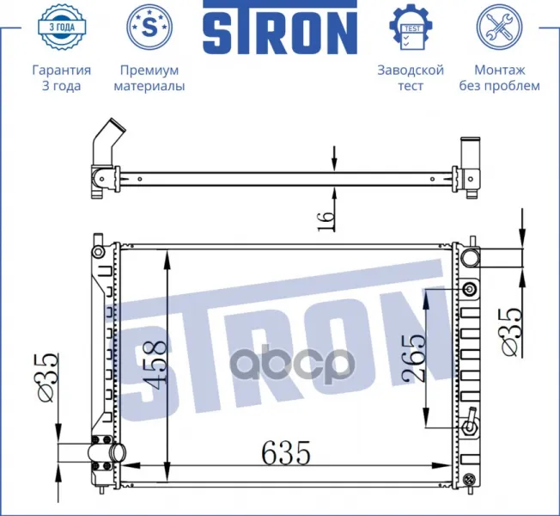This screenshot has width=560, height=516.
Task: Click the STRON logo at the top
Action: [280, 28]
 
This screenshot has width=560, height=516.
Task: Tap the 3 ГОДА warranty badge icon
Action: [62, 27]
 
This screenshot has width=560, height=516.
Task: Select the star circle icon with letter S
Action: [149, 27]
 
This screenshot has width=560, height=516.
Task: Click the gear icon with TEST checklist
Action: [411, 27]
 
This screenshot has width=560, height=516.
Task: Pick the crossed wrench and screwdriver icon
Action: [499, 27]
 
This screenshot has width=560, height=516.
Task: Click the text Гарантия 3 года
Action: [62, 78]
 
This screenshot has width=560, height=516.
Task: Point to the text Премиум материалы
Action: [149, 78]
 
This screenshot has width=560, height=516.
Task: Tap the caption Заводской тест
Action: [411, 78]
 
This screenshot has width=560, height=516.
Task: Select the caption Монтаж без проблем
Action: [499, 78]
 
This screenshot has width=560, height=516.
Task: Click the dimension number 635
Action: [286, 452]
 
